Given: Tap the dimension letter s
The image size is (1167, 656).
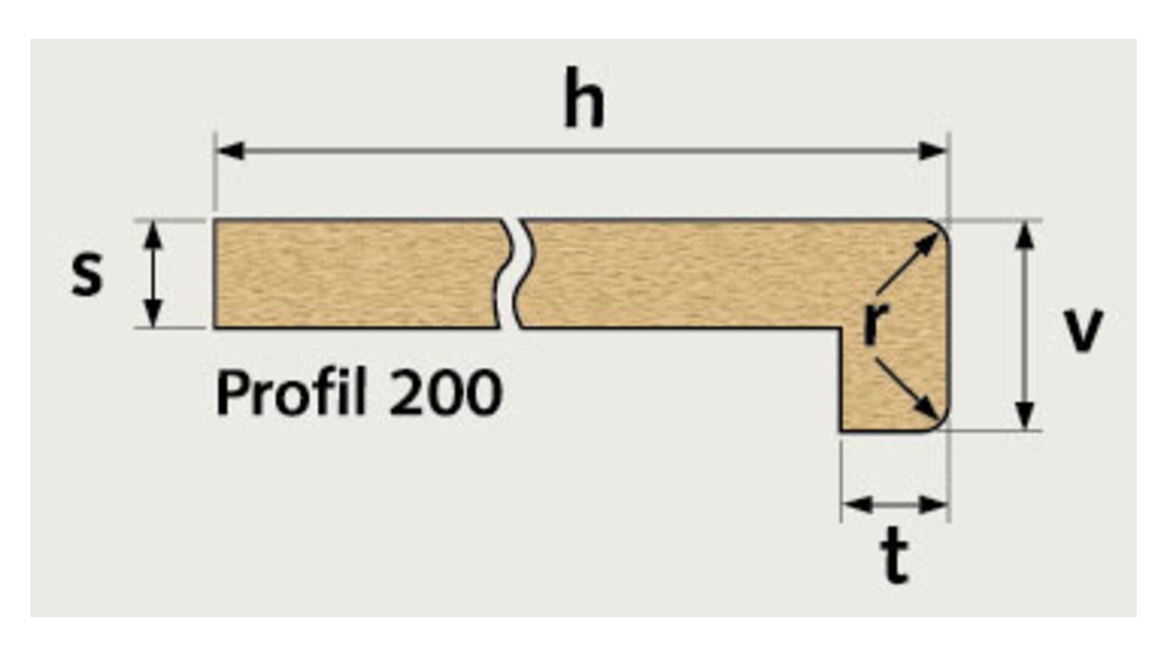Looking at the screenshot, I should (x=87, y=275).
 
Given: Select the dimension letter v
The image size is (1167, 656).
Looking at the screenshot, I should (x=1084, y=331).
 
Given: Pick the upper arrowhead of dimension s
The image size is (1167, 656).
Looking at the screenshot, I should (x=154, y=234).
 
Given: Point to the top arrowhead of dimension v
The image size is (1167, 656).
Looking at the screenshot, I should (x=1025, y=236).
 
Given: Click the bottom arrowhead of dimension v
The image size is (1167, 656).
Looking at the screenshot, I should (x=1025, y=416).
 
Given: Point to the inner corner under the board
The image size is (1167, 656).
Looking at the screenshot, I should (x=841, y=329).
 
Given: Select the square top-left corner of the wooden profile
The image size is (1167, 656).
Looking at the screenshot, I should (x=215, y=221).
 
